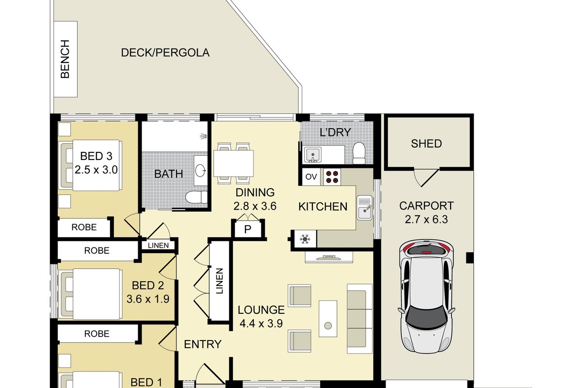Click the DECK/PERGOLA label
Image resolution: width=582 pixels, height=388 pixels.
click(165, 53)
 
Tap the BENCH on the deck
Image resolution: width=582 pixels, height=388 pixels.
click(65, 59)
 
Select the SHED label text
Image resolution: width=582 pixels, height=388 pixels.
click(426, 144)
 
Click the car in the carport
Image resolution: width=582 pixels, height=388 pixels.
click(426, 297)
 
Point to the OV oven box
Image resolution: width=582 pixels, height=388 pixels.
click(311, 177)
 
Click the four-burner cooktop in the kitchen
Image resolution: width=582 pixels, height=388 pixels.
click(332, 177)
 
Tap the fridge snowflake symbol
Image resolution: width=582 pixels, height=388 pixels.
click(305, 239)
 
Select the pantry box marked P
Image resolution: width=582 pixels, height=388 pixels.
click(248, 229)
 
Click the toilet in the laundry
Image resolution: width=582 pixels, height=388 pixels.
click(359, 153)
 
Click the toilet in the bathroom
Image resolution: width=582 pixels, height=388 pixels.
click(196, 197)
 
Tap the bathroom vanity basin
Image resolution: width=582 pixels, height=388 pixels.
click(201, 171)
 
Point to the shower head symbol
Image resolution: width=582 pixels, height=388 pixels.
click(203, 136)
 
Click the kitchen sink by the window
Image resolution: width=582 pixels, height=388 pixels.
click(365, 208)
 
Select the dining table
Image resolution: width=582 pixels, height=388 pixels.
click(233, 163)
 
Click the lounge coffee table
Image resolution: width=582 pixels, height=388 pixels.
click(328, 319)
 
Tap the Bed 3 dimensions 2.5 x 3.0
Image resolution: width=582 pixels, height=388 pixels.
click(96, 170)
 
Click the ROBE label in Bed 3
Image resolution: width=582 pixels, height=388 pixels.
click(84, 227)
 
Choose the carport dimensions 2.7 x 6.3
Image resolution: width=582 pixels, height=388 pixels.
click(426, 219)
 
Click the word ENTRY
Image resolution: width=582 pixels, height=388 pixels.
click(203, 344)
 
